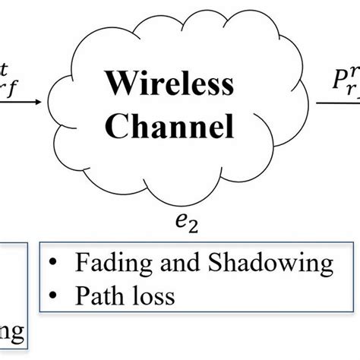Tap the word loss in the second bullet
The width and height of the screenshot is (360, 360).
151,295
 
